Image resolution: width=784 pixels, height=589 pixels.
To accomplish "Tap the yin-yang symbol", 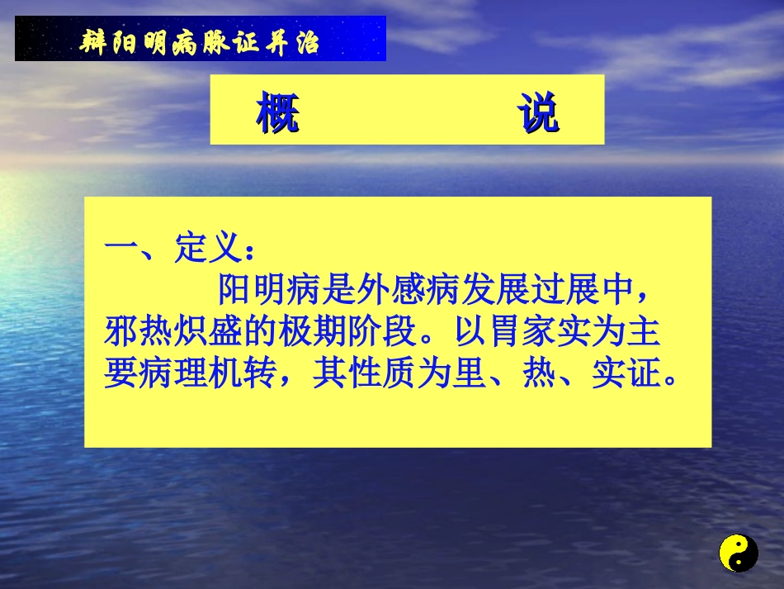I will pyautogui.click(x=738, y=553).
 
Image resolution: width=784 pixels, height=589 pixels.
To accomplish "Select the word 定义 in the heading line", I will pyautogui.click(x=209, y=247).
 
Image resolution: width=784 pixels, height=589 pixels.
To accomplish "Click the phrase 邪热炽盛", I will pyautogui.click(x=173, y=333).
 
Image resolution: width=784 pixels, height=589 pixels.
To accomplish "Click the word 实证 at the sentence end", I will pyautogui.click(x=626, y=375).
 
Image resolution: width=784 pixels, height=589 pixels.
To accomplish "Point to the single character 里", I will pyautogui.click(x=470, y=375).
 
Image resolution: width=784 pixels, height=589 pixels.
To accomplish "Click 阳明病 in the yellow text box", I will pyautogui.click(x=270, y=290).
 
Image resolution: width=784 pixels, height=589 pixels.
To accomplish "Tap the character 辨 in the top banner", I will pyautogui.click(x=95, y=41).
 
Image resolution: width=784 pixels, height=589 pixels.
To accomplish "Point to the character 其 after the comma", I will pyautogui.click(x=330, y=375).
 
